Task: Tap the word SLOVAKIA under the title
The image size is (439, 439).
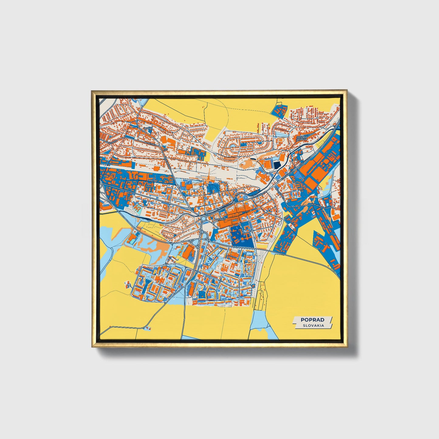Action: (x=313, y=325)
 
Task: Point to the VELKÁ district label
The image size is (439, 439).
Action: (x=147, y=129)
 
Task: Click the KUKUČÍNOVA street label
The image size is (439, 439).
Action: (x=317, y=206)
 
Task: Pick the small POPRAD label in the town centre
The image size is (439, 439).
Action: (x=219, y=219)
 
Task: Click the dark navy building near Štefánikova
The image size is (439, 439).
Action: (x=277, y=165)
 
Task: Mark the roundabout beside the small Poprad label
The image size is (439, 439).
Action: (x=203, y=219)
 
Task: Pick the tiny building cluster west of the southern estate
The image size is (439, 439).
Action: (x=127, y=284)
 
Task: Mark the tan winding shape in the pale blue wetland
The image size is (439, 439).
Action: (x=152, y=246)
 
